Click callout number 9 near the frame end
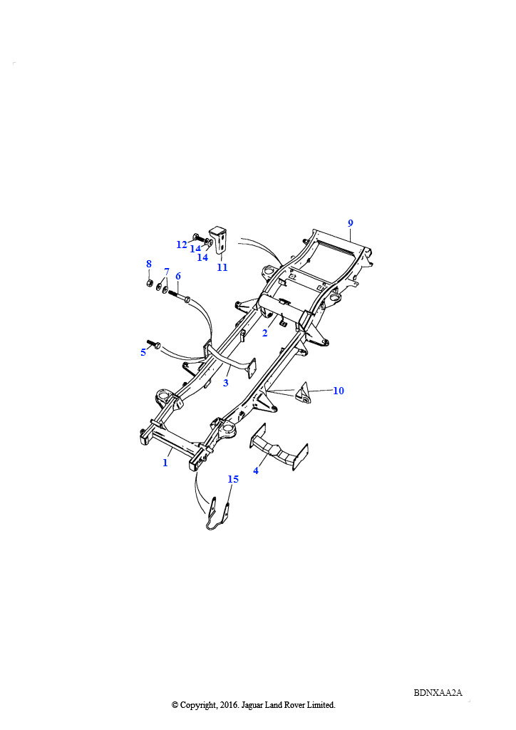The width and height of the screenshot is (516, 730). (351, 223)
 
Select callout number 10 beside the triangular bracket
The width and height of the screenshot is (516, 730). (339, 391)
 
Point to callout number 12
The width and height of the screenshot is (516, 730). (182, 245)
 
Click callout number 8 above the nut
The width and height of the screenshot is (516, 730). (149, 264)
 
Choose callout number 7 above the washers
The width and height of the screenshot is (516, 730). (167, 272)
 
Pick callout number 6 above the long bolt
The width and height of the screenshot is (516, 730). (178, 276)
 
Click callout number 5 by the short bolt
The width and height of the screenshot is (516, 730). (143, 352)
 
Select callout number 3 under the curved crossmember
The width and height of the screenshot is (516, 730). (226, 383)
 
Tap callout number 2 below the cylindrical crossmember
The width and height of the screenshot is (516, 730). (264, 334)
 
